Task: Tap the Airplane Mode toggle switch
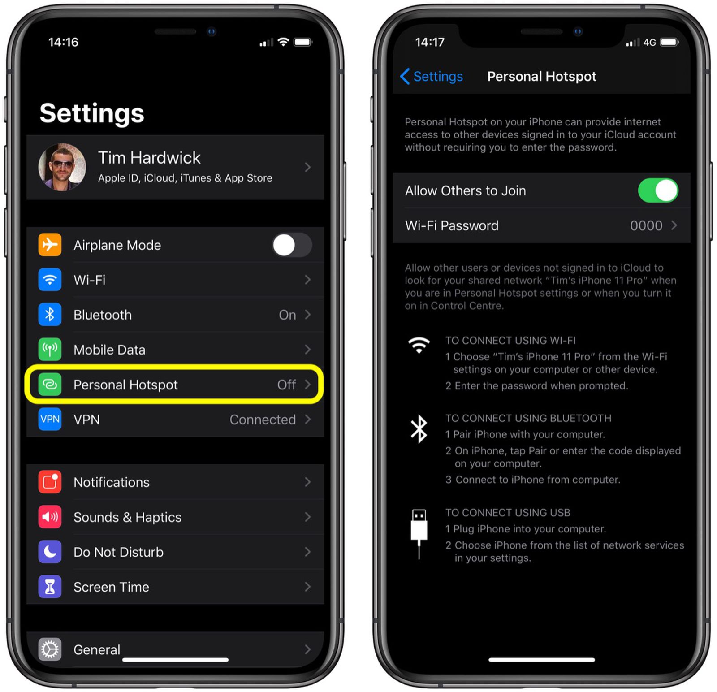click(292, 245)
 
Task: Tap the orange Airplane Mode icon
click(50, 245)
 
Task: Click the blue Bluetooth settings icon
click(50, 315)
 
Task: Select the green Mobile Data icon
click(50, 350)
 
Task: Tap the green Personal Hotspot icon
click(50, 385)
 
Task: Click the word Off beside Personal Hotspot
click(286, 385)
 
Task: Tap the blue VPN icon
click(50, 420)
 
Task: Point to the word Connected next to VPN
click(263, 420)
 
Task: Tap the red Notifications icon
click(50, 482)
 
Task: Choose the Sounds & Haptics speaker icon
click(50, 517)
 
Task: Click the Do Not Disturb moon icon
click(50, 552)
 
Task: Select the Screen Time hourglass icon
click(50, 587)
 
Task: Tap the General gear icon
click(50, 649)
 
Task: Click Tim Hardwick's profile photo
click(62, 167)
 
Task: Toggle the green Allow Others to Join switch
click(658, 190)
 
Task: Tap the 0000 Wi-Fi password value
click(646, 225)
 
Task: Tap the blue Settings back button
click(432, 77)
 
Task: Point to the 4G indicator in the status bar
click(649, 43)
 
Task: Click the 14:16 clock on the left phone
click(63, 42)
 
